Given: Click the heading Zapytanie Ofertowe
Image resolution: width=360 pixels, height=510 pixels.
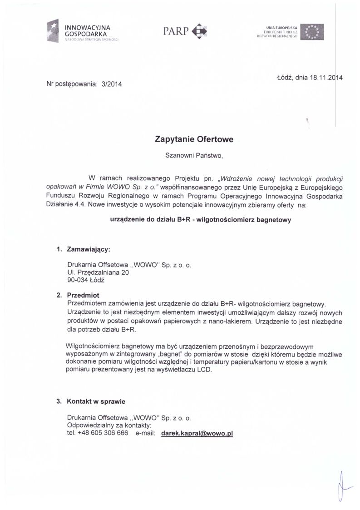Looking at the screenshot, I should pyautogui.click(x=194, y=140).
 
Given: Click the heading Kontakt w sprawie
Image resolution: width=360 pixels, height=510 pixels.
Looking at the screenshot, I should pyautogui.click(x=96, y=401).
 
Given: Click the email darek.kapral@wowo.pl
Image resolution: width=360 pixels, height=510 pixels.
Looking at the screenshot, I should pyautogui.click(x=197, y=433).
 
